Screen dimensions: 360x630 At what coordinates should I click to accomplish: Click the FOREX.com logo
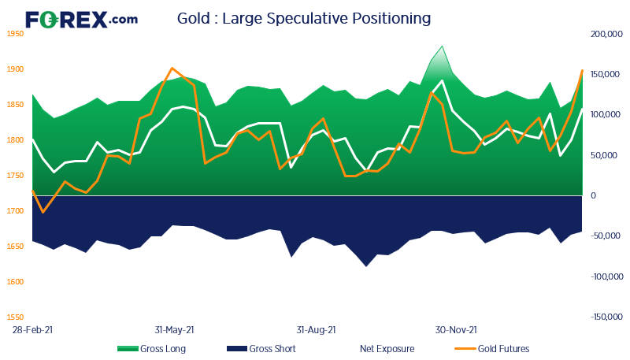[81, 19]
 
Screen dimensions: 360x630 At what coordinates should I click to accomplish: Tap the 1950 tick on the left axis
[15, 34]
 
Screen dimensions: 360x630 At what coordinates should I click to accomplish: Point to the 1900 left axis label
[15, 69]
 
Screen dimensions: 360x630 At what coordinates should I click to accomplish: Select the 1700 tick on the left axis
[15, 211]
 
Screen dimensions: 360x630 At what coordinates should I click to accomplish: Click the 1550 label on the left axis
[15, 317]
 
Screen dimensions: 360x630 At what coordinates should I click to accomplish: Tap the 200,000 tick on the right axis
[606, 34]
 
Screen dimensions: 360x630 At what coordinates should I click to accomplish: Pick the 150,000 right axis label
[606, 75]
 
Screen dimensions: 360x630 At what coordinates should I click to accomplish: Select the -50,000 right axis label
[606, 236]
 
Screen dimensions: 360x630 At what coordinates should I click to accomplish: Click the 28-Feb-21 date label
[32, 331]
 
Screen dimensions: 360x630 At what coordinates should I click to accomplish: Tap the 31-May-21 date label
[174, 331]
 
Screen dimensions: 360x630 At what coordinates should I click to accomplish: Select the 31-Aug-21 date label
[317, 331]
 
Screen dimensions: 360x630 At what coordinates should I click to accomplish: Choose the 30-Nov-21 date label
[457, 331]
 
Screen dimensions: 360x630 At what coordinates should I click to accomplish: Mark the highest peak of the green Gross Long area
[442, 46]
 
